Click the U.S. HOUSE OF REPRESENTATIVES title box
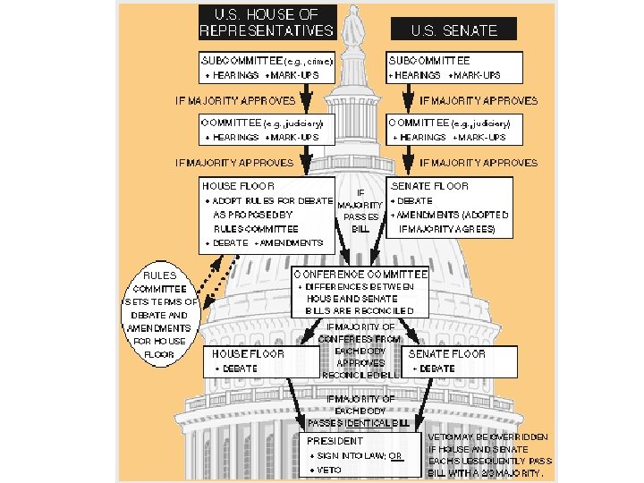coord(267,22)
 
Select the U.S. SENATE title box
coord(454,30)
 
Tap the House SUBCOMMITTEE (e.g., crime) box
coord(267,68)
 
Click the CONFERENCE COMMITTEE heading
coord(360,274)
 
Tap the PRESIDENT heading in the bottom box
coord(335,441)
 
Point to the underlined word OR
coord(396,455)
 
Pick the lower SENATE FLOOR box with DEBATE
coord(461,360)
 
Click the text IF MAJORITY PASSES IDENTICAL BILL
coord(360,410)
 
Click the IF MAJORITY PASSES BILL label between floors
coord(360,210)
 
